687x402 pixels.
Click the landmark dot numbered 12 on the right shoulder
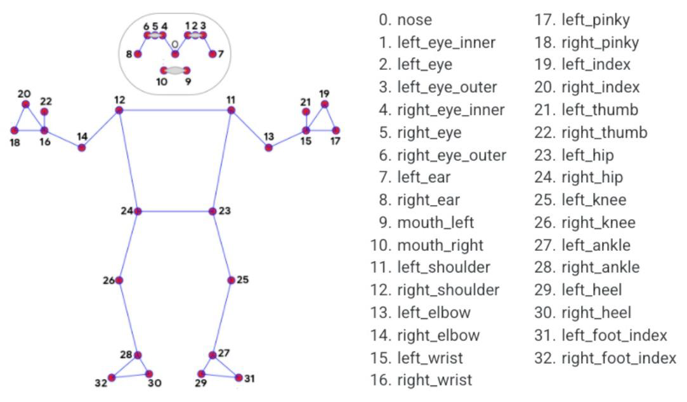point(119,111)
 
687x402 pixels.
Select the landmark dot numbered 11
point(231,111)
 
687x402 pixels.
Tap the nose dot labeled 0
point(175,54)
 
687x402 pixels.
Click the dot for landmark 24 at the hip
point(138,211)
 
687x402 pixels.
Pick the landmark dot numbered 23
point(213,211)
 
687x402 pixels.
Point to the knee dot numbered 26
point(119,280)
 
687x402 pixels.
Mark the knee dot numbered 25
point(231,280)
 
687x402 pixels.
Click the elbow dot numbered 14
point(81,147)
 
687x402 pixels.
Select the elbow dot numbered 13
point(268,147)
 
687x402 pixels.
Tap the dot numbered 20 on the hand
point(25,104)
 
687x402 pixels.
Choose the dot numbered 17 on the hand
point(336,130)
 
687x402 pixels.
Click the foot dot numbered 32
point(112,377)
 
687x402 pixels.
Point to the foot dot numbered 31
point(239,377)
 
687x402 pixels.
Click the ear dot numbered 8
point(137,54)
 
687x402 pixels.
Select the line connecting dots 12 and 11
point(174,111)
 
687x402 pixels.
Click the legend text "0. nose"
point(405,20)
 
